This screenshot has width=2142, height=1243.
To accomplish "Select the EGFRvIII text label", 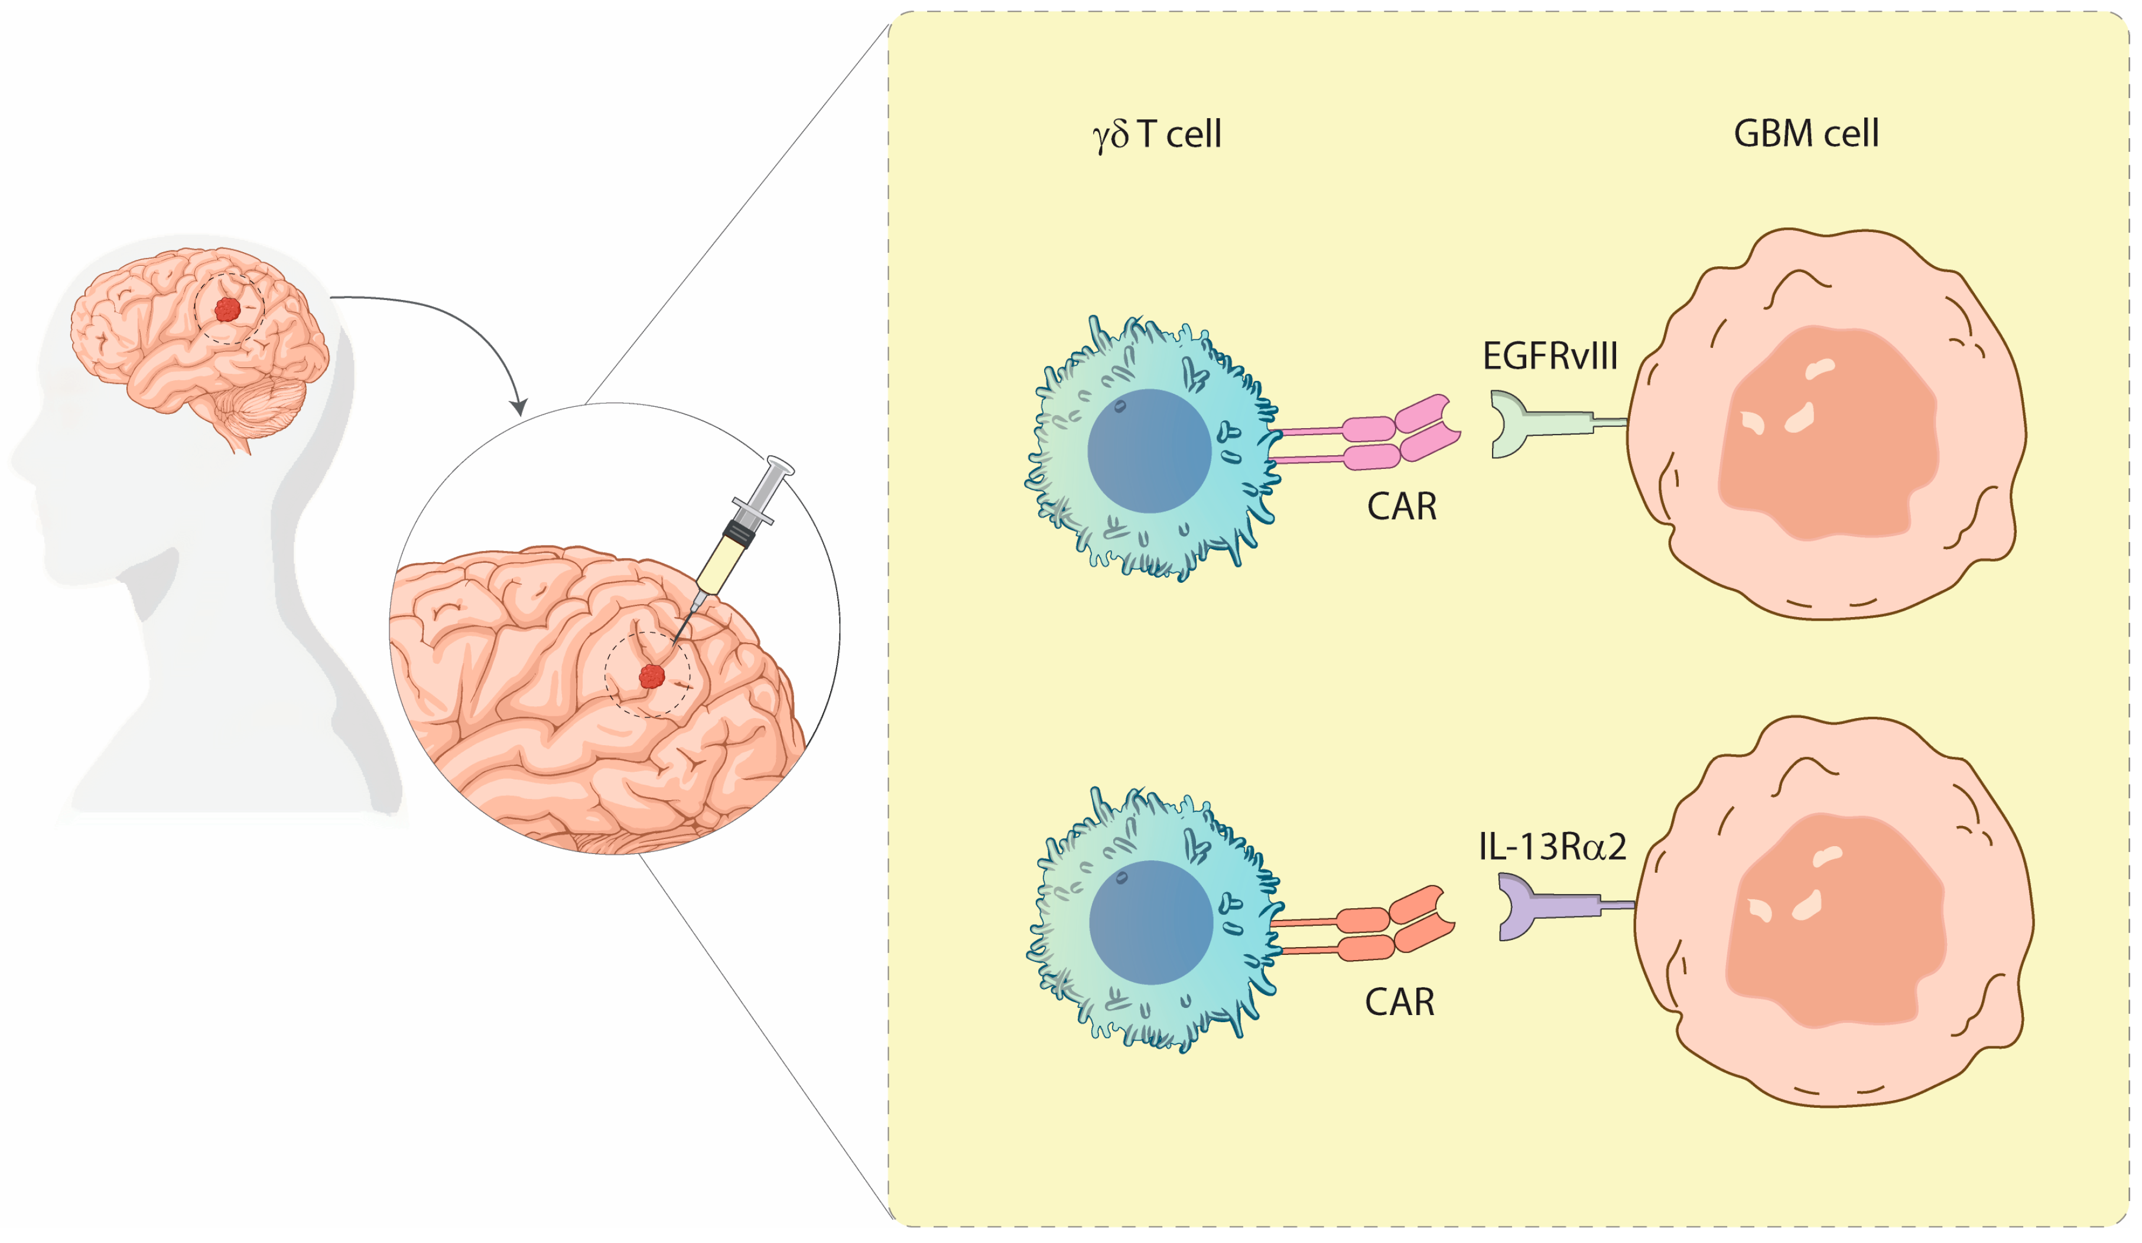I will (1549, 356).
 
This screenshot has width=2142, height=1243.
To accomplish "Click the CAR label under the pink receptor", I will (1402, 507).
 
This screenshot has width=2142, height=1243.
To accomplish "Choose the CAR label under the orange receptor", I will (1399, 1003).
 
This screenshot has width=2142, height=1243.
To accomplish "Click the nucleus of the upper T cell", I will (1149, 451).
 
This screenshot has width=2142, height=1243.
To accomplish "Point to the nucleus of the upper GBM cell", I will (1828, 433).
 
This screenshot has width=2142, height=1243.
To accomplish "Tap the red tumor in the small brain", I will (227, 309).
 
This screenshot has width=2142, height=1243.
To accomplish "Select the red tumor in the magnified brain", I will (652, 676).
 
